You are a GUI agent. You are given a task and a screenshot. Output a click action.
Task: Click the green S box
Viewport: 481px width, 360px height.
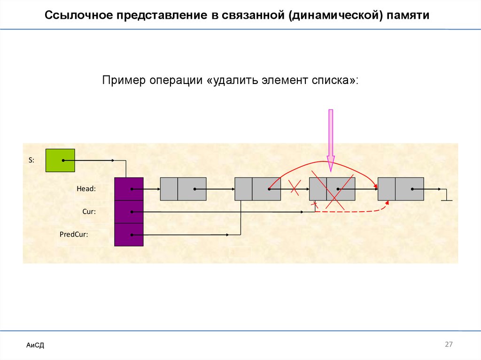[60, 160]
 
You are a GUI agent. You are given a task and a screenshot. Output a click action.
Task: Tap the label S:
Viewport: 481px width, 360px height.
[31, 160]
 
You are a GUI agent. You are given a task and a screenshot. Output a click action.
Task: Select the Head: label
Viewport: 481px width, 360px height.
[86, 189]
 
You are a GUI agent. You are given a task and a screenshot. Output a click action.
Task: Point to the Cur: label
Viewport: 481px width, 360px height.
[89, 212]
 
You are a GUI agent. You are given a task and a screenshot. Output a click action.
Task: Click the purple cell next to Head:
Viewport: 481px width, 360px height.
[129, 189]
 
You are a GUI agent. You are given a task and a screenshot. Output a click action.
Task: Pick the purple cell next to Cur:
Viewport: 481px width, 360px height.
[129, 212]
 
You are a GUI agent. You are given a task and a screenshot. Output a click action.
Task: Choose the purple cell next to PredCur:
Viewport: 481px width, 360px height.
[129, 234]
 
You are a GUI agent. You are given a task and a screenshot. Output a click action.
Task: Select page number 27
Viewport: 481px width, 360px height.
[449, 345]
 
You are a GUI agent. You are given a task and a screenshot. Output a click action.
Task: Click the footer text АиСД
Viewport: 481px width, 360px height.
[35, 345]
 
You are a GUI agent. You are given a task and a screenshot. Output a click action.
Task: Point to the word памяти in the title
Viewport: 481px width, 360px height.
[409, 15]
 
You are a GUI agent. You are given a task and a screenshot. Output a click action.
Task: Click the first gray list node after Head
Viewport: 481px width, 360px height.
[183, 189]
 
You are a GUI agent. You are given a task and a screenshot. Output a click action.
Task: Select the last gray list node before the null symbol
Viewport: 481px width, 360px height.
[401, 189]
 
